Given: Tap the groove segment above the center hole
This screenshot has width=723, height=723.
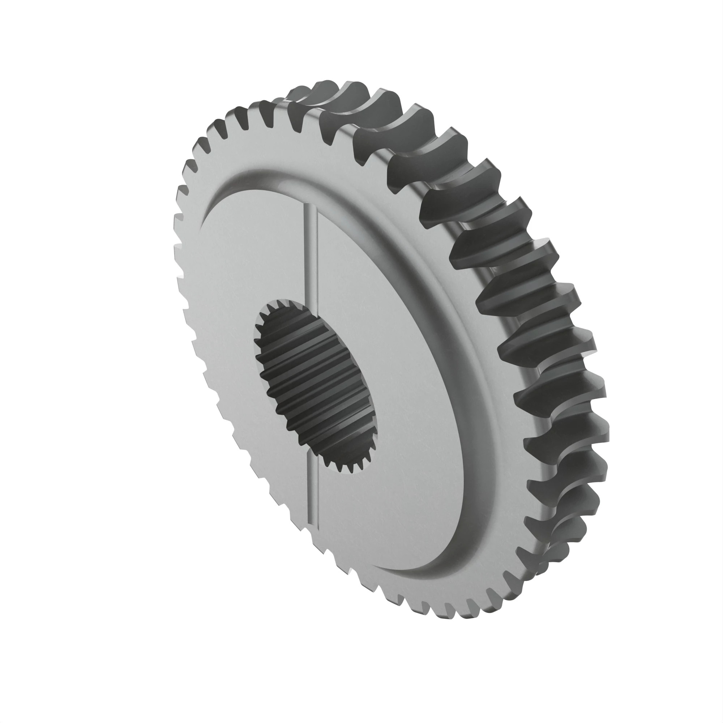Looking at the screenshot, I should click(312, 254).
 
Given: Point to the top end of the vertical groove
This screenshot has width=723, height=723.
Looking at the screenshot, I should click(311, 208).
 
